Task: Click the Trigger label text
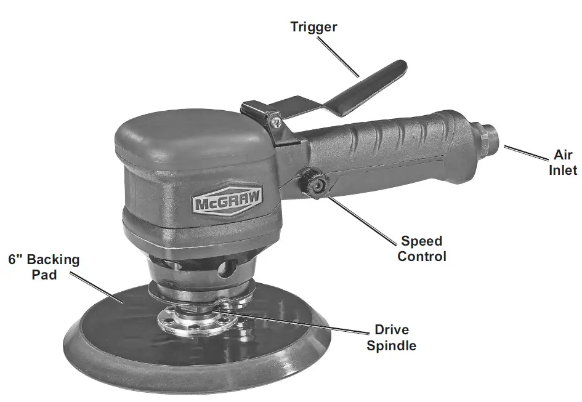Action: pos(313,26)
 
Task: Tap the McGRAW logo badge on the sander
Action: pos(227,202)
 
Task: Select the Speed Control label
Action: pos(422,248)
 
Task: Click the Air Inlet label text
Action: pos(563,163)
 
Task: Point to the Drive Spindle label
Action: pos(391,338)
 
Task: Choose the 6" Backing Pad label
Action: pos(44,267)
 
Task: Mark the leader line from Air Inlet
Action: pos(524,153)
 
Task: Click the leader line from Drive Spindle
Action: pos(296,323)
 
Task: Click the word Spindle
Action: pos(391,345)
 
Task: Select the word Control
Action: pos(422,256)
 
